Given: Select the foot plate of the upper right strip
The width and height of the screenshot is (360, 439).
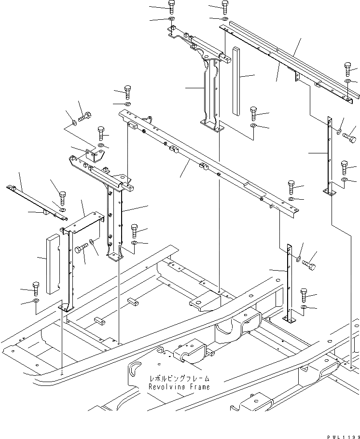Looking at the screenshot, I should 330,192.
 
